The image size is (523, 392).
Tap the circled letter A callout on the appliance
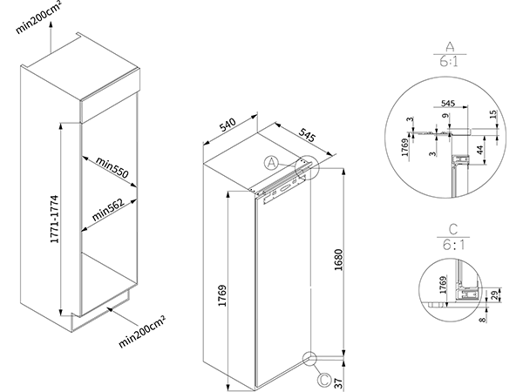coord(271,162)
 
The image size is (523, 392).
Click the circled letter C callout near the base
coord(323,380)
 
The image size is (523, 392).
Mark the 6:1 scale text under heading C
coord(449,247)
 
